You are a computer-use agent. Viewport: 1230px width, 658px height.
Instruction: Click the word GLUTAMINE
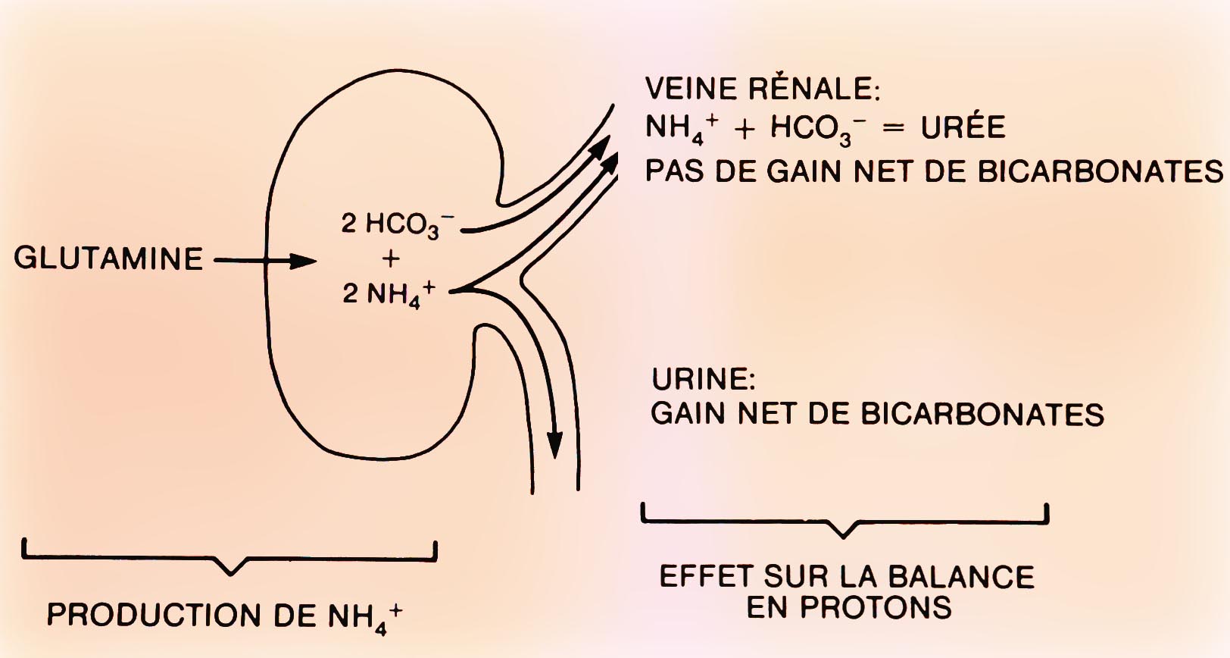(x=108, y=259)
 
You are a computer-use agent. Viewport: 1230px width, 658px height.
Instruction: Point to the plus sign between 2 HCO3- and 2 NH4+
(x=391, y=259)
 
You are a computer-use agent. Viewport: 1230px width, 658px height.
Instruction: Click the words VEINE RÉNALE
(x=762, y=89)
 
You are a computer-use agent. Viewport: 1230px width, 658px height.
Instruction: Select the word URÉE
(x=963, y=127)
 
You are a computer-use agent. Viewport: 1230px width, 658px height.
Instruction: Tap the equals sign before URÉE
(x=894, y=128)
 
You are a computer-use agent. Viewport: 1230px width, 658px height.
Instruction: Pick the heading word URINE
(x=703, y=378)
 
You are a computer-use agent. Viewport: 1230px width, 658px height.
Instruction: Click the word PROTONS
(x=849, y=608)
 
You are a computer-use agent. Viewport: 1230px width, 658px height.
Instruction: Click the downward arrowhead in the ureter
(x=555, y=445)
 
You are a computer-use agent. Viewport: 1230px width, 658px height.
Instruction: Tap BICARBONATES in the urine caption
(x=982, y=415)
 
